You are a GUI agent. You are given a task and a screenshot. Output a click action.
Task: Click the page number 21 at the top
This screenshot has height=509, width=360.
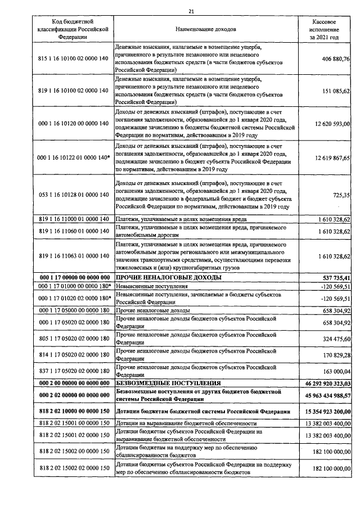pyautogui.click(x=191, y=11)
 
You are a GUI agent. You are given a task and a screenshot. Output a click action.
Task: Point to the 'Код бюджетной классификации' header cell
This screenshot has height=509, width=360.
pyautogui.click(x=65, y=28)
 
